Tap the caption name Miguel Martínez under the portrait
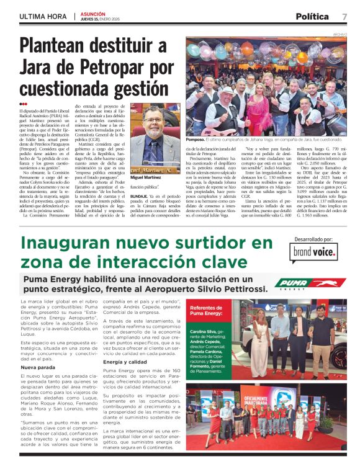click(x=146, y=177)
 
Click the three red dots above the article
click(x=24, y=104)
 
